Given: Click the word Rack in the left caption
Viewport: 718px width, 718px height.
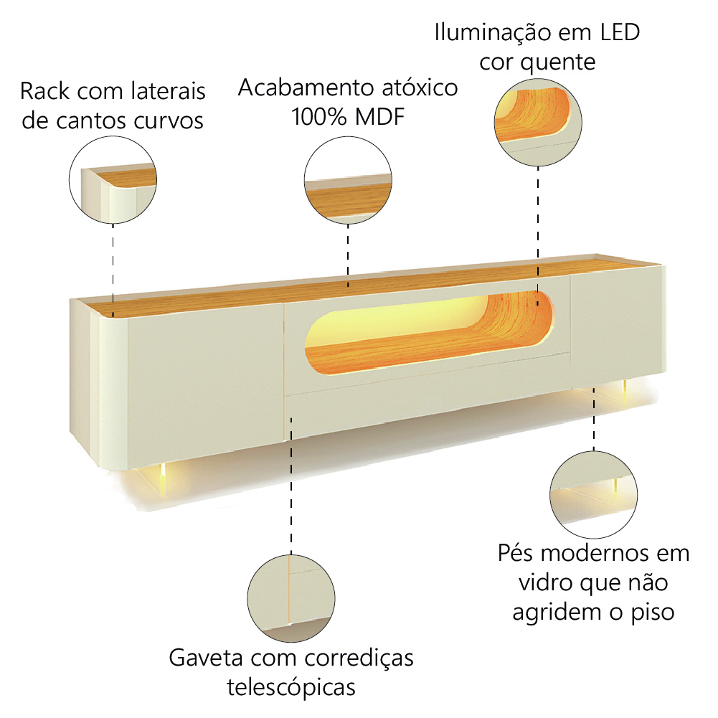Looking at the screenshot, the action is (x=45, y=91).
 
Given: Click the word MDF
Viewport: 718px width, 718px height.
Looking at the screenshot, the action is (x=380, y=117).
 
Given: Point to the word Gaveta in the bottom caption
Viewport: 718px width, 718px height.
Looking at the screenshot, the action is (x=206, y=658).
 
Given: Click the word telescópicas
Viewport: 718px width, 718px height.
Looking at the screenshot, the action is (x=291, y=687).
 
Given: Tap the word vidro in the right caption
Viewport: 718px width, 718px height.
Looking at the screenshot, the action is (x=545, y=582).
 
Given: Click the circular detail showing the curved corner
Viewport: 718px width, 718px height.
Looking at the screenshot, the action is (x=113, y=179).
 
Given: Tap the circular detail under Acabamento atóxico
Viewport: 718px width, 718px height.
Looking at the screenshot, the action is (x=348, y=180).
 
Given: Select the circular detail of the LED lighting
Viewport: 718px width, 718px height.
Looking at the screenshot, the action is (x=538, y=122).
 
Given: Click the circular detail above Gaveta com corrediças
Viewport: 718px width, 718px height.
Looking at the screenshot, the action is (x=291, y=598).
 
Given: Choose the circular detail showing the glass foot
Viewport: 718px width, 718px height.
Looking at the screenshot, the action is (x=593, y=494).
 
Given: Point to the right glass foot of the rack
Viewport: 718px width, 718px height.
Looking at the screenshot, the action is (x=625, y=391).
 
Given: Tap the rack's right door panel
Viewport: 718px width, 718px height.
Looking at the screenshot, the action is (x=617, y=327).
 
